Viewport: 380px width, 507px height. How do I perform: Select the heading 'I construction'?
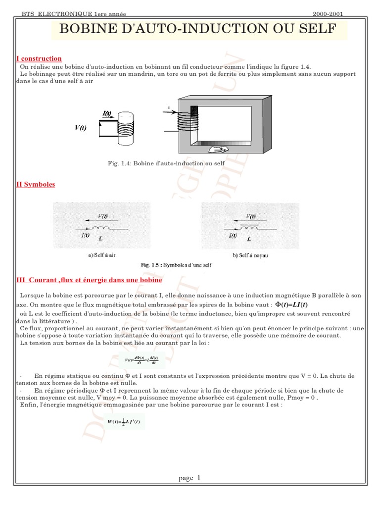(39, 59)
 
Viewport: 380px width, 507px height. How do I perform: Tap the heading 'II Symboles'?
(36, 184)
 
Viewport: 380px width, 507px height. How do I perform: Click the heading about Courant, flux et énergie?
(89, 280)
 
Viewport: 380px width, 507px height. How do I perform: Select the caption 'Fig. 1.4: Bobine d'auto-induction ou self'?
(166, 163)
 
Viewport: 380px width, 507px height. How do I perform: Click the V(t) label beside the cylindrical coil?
(81, 128)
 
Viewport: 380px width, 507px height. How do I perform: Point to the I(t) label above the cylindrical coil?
(107, 113)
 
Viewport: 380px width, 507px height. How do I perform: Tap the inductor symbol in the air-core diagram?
(104, 229)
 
